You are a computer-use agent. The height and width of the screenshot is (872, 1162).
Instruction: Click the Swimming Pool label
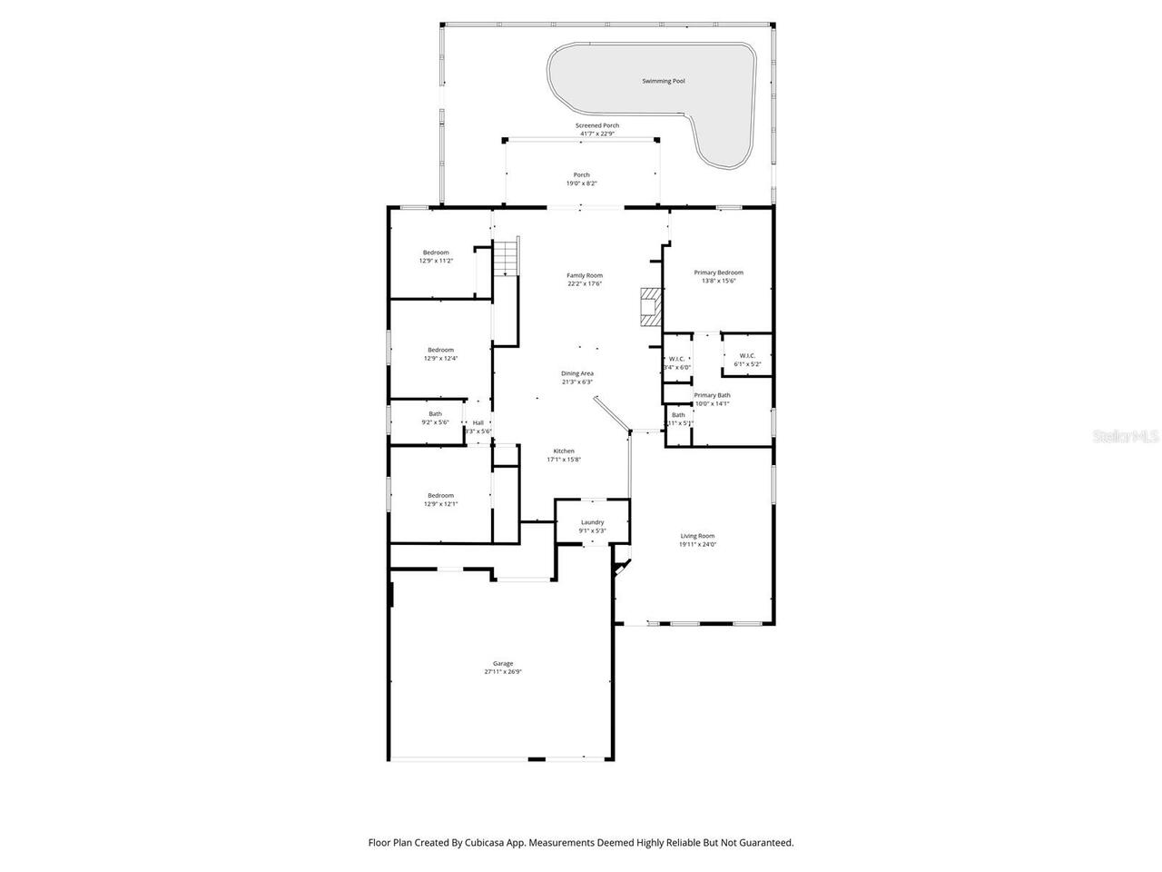tap(663, 82)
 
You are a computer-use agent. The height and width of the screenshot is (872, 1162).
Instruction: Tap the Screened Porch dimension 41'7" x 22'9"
tap(597, 134)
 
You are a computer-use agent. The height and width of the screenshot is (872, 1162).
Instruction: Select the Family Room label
tap(585, 275)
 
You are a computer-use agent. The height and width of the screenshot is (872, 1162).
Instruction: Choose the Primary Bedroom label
tap(718, 272)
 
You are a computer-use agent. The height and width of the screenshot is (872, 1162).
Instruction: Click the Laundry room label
tap(592, 522)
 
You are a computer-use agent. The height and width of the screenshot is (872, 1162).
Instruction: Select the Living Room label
tap(698, 536)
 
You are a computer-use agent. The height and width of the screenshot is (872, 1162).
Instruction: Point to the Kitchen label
tap(564, 451)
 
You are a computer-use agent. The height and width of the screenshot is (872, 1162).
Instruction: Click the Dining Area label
tap(577, 373)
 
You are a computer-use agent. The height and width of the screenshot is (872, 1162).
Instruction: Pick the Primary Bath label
tap(712, 395)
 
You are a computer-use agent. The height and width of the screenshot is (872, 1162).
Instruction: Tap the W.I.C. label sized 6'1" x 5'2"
tap(747, 356)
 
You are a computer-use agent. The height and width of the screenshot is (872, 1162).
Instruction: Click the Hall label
tap(478, 422)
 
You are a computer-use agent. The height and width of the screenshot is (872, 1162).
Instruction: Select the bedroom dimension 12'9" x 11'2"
tap(436, 261)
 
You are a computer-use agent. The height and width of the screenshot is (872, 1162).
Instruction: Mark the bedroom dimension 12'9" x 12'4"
tap(440, 358)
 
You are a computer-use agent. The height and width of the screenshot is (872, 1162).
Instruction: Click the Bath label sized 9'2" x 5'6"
tap(436, 414)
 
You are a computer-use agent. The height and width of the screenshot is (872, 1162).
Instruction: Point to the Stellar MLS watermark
tap(1126, 437)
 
